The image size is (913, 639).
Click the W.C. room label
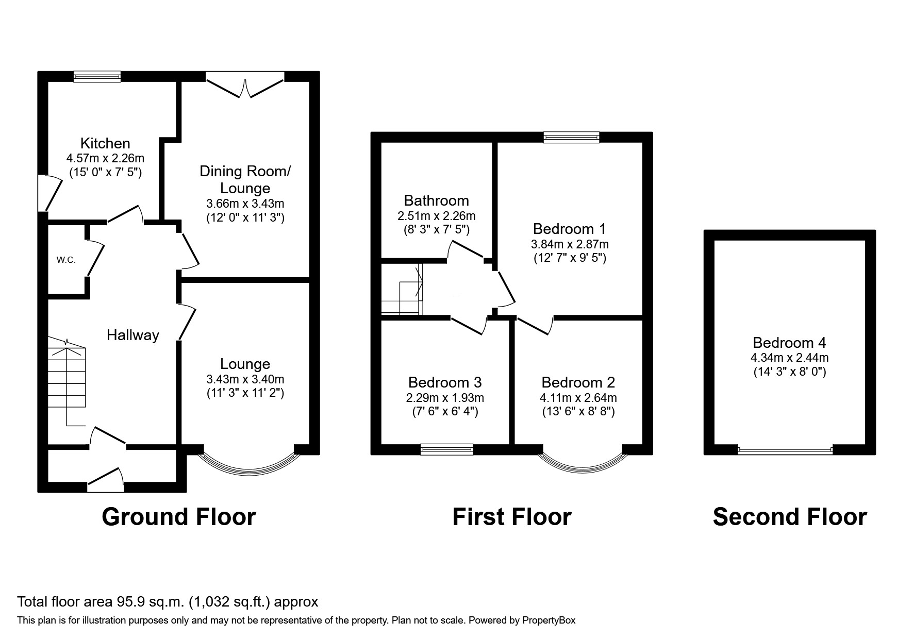[x=66, y=260]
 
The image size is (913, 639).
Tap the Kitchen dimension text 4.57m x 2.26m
[x=105, y=158]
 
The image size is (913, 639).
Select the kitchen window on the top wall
[x=97, y=77]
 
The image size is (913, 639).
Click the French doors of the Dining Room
[x=245, y=85]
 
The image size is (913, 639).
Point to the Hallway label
[x=132, y=335]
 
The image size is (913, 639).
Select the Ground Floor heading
[x=178, y=517]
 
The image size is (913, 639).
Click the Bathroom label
[x=436, y=200]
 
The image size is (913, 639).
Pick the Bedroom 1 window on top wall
[x=572, y=137]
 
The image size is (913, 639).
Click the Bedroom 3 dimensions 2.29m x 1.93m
[x=445, y=398]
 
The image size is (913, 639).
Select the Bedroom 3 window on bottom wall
[x=447, y=449]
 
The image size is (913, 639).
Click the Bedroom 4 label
[x=789, y=343]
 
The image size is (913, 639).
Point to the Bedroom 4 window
[x=785, y=450]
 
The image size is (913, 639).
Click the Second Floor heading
[x=789, y=517]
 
